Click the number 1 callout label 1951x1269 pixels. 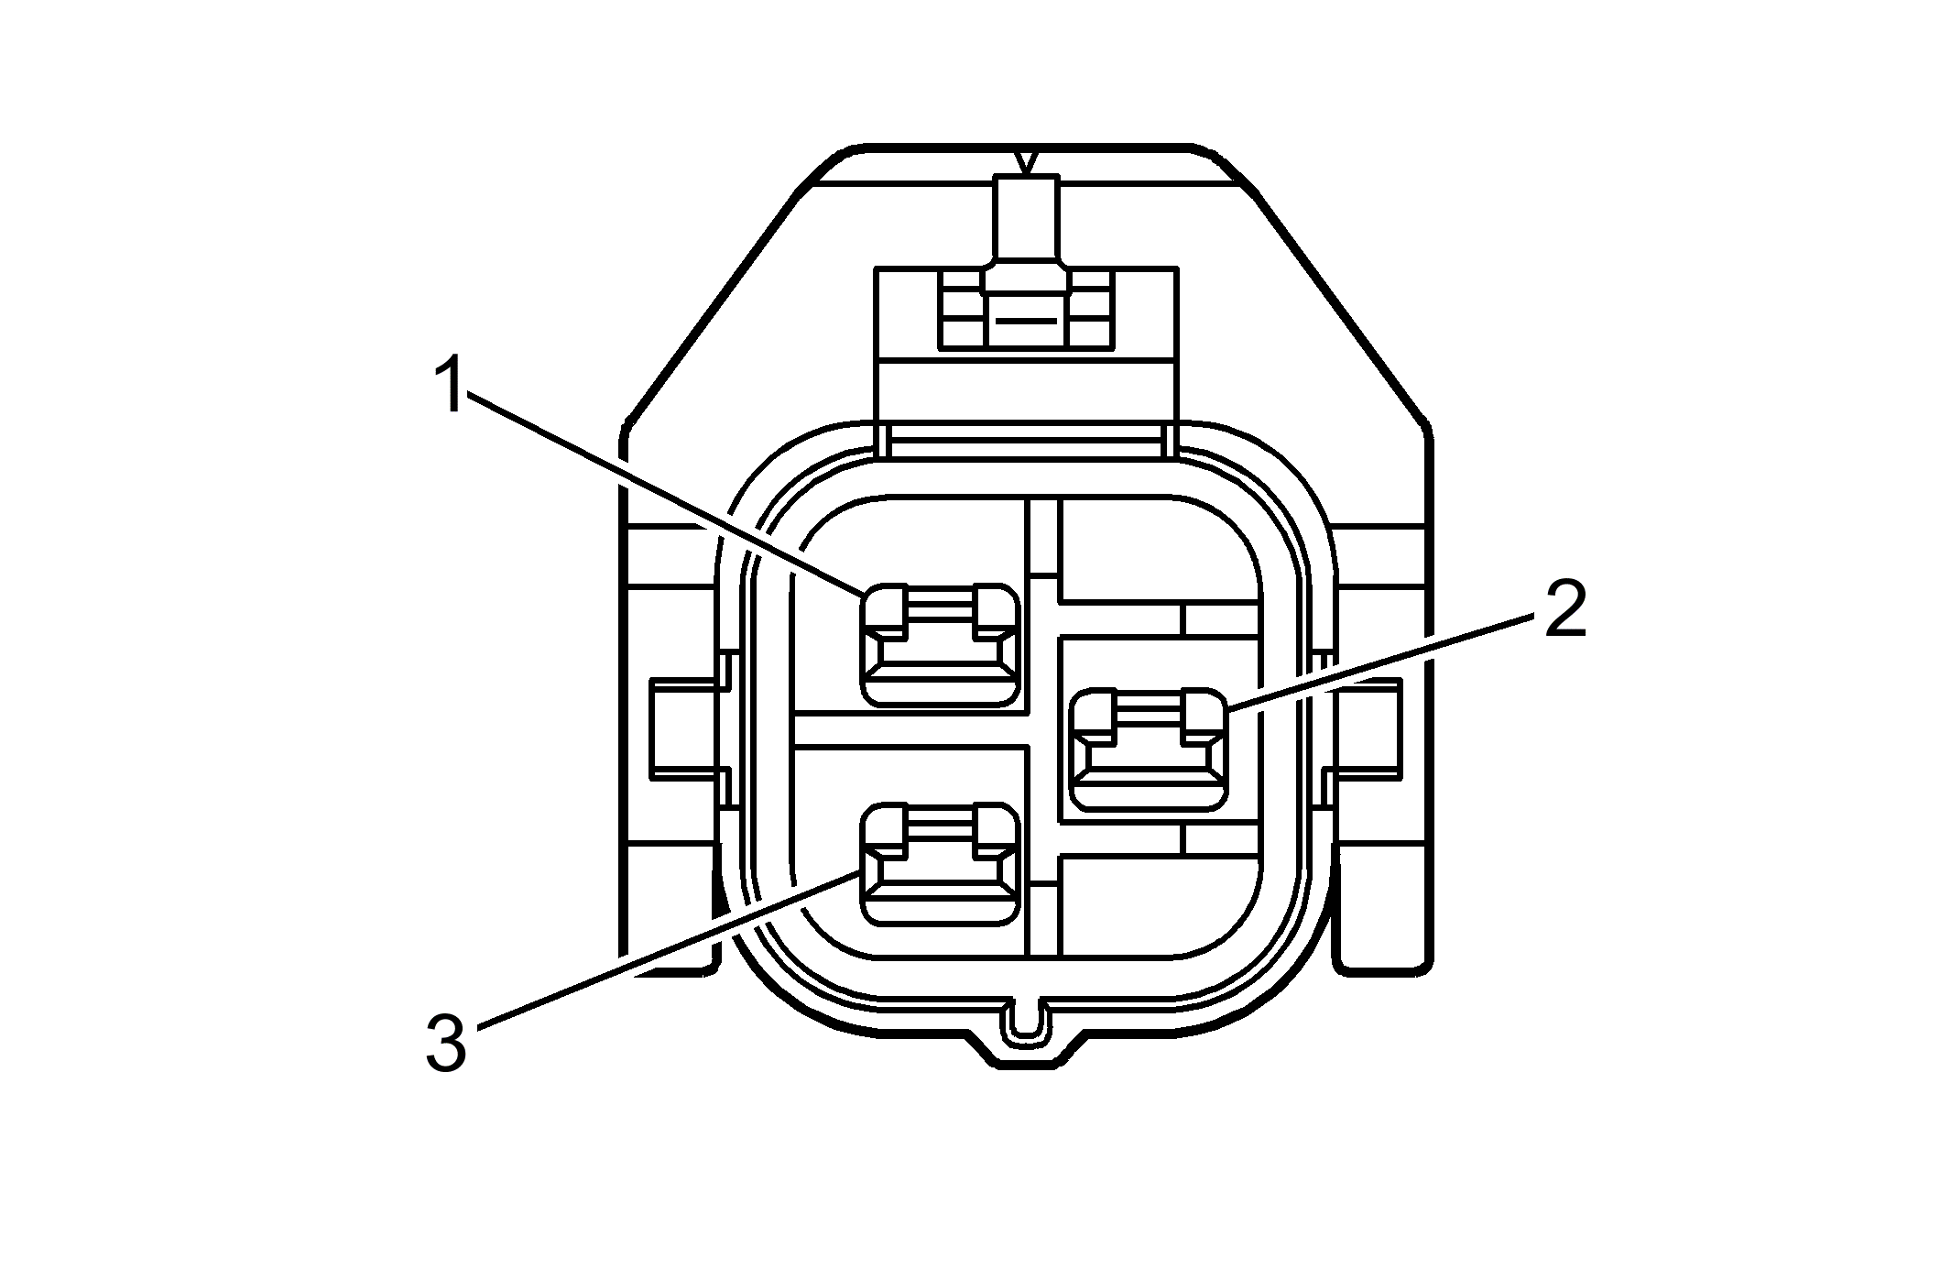coord(449,386)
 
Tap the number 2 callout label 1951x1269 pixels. coord(1564,609)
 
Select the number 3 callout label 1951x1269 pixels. coord(446,1044)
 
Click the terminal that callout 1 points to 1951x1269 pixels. coord(940,645)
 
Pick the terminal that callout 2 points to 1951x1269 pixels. coord(1149,749)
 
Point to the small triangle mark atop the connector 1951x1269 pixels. coord(1028,163)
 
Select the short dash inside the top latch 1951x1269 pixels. coord(1027,322)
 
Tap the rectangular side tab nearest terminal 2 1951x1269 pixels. coord(1367,728)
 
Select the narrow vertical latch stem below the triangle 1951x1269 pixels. coord(1027,220)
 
